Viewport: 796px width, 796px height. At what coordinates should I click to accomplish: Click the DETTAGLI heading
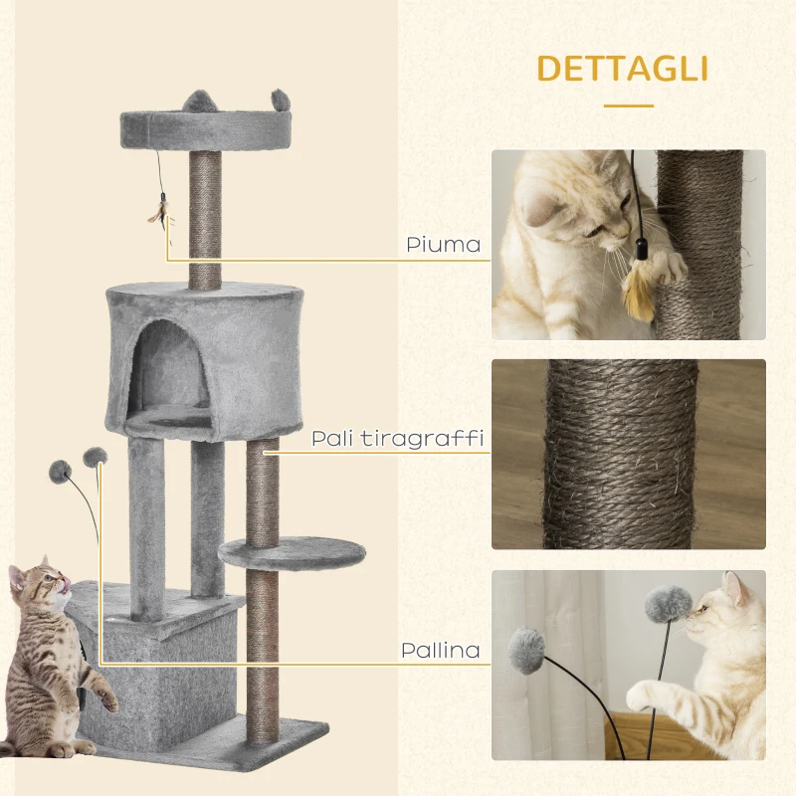click(622, 69)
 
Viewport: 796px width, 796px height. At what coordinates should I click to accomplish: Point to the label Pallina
click(440, 651)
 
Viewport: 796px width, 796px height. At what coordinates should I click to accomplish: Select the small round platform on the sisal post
click(292, 553)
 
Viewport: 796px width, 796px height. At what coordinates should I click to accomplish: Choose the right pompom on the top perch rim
click(281, 99)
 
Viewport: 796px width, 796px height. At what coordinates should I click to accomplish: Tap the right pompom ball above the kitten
click(95, 457)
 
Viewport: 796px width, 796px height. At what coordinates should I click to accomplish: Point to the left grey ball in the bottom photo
click(527, 651)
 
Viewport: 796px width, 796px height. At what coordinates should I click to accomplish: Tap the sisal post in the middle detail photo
click(620, 454)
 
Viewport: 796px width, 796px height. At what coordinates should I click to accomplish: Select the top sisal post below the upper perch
click(207, 215)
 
